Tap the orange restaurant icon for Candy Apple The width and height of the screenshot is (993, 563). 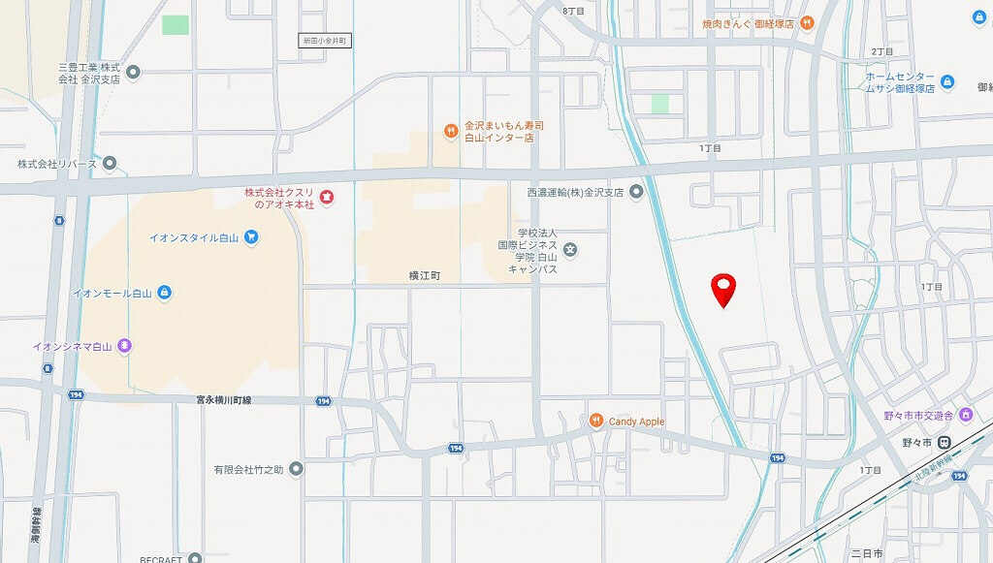coord(597,421)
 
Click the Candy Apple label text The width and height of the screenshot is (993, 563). coord(637,422)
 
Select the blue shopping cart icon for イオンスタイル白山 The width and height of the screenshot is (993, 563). coord(251,236)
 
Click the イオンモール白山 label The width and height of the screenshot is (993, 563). coord(114,292)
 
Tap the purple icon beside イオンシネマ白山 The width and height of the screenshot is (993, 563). coord(124,345)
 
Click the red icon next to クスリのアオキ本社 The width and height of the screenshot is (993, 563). coord(326,198)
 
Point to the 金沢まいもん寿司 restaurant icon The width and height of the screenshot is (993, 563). coord(450,131)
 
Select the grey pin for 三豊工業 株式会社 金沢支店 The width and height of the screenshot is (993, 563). coord(133,72)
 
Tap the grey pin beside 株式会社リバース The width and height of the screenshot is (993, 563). coord(110,164)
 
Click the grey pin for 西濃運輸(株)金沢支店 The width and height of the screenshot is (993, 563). coord(636,192)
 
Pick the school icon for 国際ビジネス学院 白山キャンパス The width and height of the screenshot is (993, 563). coord(571,251)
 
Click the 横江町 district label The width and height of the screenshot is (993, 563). coord(425,276)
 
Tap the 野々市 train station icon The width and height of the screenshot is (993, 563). coord(944,442)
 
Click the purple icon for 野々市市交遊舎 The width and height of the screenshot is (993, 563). coord(966,415)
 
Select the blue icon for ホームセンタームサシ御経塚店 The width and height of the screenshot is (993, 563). coord(947,82)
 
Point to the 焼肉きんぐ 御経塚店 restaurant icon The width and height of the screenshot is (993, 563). coord(807,22)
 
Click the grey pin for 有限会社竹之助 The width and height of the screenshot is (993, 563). coord(296,470)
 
